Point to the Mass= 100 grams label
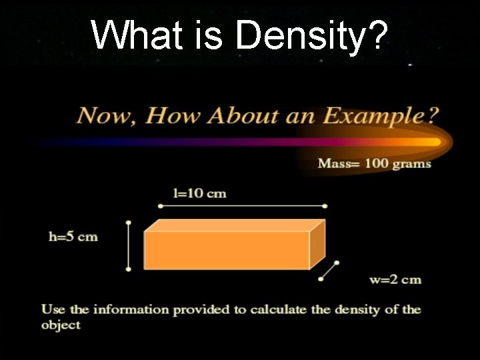[374, 164]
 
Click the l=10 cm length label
[199, 194]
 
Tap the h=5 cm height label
[73, 237]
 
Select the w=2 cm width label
[395, 279]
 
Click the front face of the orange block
[227, 250]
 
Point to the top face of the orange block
[233, 225]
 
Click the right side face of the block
[317, 243]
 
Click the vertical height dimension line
[129, 246]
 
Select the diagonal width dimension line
[329, 270]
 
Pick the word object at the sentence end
[60, 325]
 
